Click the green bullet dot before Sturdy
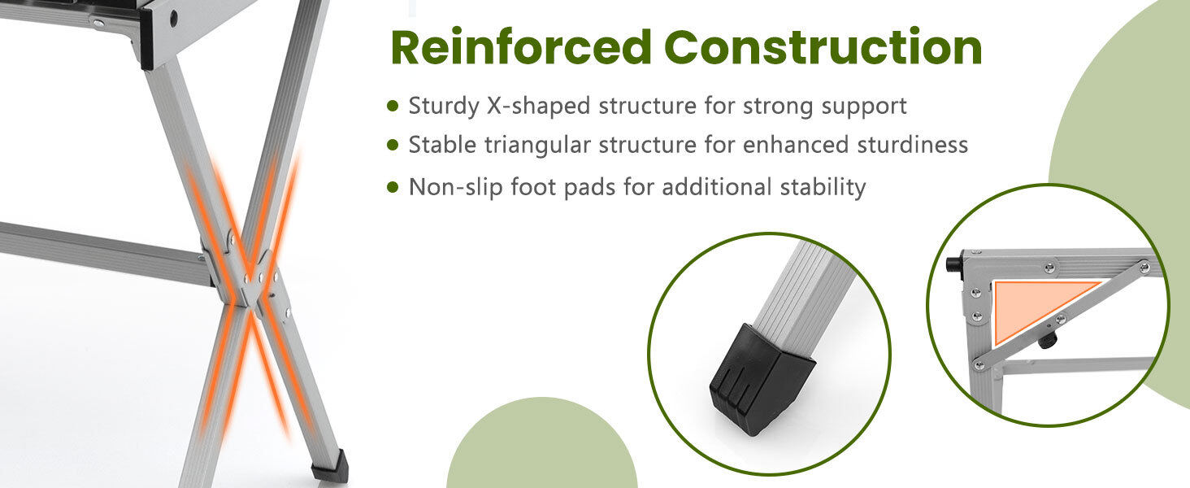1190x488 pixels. (x=393, y=105)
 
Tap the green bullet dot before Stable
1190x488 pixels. (x=393, y=145)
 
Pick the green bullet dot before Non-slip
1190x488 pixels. (x=393, y=187)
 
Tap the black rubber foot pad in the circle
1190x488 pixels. (x=762, y=378)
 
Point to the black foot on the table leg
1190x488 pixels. (x=331, y=466)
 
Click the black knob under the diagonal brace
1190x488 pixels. (x=1048, y=341)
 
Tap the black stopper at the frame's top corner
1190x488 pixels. (x=955, y=264)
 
